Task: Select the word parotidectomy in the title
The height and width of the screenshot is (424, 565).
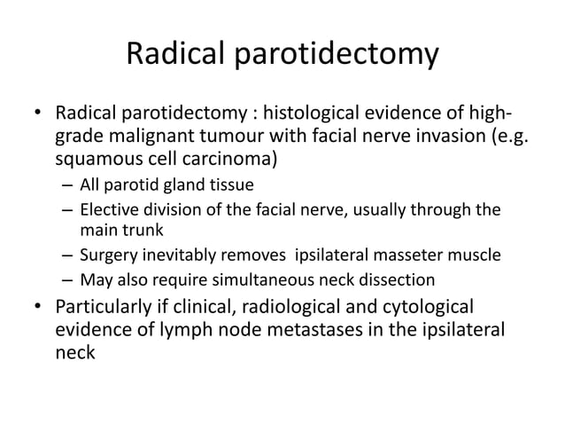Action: pos(339,55)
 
